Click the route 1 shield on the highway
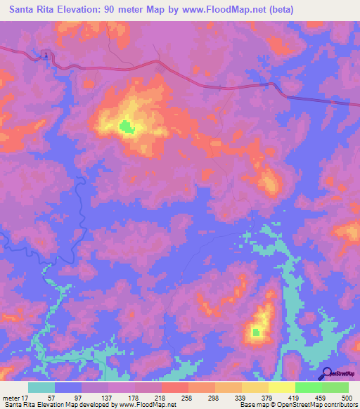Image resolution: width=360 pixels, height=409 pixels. pos(45,55)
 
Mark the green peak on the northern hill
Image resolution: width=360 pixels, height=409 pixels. pos(126,126)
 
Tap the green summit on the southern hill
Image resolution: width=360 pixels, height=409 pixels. pos(257,332)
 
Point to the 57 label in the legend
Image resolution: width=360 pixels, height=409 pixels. pos(50,398)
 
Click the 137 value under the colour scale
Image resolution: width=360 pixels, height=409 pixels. pos(106,398)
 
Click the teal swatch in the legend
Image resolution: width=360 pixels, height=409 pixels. pos(41,387)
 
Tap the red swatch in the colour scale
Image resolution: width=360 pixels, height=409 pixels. pos(175,387)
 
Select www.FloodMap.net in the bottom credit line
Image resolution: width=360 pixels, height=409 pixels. pos(148,405)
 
